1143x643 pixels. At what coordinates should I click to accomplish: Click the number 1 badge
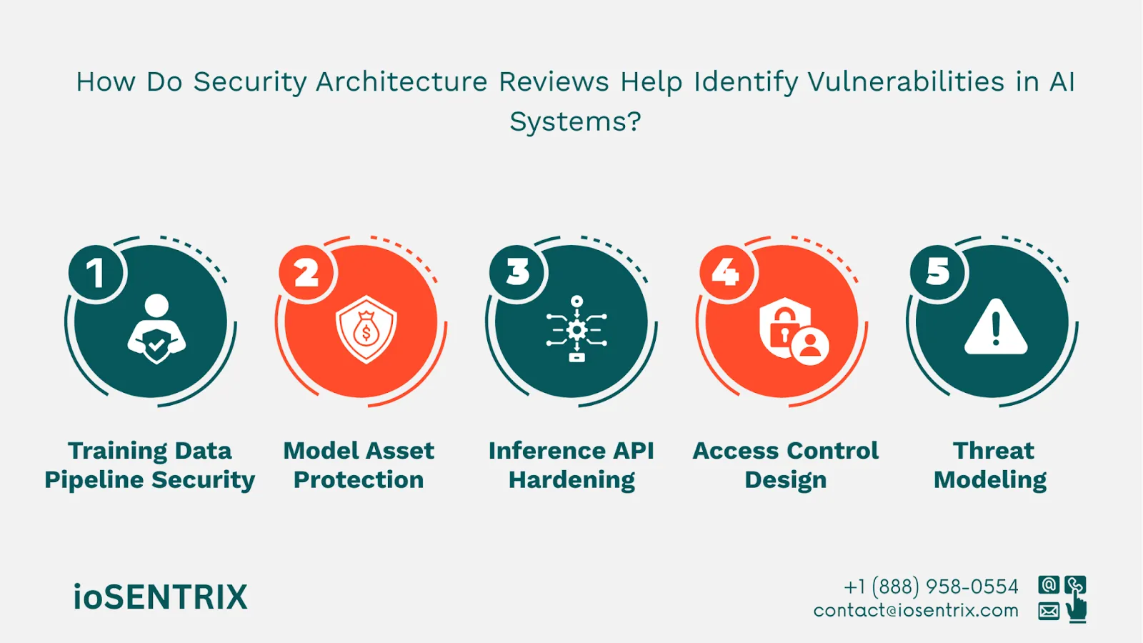click(x=96, y=273)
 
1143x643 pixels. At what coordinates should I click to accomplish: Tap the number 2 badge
click(x=307, y=273)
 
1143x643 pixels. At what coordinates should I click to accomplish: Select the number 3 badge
click(x=518, y=272)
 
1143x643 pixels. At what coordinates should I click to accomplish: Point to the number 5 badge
click(x=938, y=272)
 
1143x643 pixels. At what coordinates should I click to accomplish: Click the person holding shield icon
click(x=156, y=329)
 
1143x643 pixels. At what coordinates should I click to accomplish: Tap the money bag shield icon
click(x=366, y=329)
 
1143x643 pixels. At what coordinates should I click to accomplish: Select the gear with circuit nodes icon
click(x=577, y=329)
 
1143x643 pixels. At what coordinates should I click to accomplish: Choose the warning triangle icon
click(x=996, y=328)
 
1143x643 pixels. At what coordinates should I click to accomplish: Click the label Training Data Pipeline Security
click(x=149, y=465)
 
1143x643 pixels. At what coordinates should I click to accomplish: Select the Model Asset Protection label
click(x=359, y=465)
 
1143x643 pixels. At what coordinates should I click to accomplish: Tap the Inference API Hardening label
click(x=571, y=465)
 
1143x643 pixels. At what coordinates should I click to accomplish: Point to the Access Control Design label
click(x=786, y=465)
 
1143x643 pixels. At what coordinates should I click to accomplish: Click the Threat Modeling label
click(x=991, y=465)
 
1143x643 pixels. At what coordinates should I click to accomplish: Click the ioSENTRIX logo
click(x=160, y=597)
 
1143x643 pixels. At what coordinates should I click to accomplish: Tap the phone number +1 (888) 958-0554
click(x=931, y=587)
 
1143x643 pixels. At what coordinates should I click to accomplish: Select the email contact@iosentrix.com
click(x=916, y=611)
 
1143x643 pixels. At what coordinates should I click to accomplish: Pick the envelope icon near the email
click(x=1049, y=611)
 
